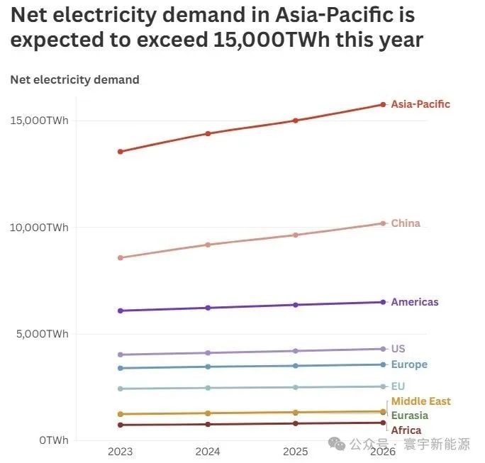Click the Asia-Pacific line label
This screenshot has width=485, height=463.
coord(420,104)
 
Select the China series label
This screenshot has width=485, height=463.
coord(406,223)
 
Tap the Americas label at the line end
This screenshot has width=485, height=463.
coord(415,302)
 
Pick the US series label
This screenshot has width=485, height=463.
coord(398,349)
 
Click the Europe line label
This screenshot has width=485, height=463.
coord(409,364)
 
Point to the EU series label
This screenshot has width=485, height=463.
coord(398,386)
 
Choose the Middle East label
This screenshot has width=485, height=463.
coord(420,401)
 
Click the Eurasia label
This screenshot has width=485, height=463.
coord(410,415)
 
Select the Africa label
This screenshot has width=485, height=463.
coord(406,430)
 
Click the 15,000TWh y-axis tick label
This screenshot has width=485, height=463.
coord(39,121)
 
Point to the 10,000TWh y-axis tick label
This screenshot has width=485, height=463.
coord(39,228)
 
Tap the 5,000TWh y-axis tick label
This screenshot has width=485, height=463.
coord(42,334)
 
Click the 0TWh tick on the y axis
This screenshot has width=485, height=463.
coord(54,440)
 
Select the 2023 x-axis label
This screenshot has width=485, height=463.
coord(121,451)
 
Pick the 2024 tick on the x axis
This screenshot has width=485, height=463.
coord(208,451)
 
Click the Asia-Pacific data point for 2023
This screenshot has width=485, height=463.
coord(121,152)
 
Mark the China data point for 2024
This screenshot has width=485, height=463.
coord(208,245)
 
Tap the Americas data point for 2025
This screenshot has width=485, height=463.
coord(296,305)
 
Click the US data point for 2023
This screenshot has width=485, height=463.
coord(121,355)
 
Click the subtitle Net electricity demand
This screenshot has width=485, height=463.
coord(74,79)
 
